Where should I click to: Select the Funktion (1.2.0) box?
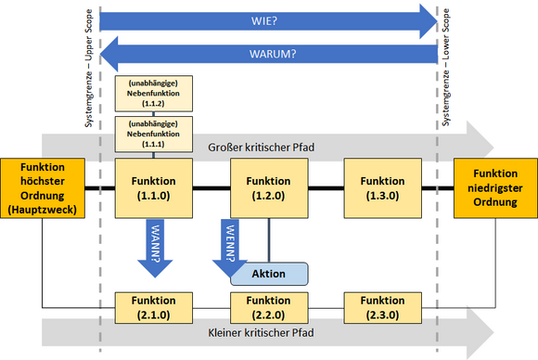tap(267, 188)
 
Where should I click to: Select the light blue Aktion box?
tap(269, 274)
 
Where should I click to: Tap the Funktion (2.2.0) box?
tap(267, 307)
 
